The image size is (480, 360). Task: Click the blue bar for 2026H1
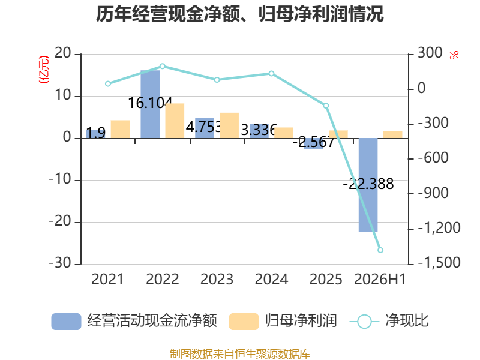368,185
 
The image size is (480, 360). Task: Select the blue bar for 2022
150,104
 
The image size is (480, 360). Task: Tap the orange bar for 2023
229,125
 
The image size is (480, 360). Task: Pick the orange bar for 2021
121,129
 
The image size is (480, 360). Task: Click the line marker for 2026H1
380,250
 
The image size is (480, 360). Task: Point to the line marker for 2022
163,66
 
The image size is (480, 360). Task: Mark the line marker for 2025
326,106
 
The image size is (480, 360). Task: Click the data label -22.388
368,184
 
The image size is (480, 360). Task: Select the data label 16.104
150,103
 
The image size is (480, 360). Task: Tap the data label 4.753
203,127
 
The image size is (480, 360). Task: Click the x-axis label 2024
272,279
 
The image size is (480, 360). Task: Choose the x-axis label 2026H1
380,279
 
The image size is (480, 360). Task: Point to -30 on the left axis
60,263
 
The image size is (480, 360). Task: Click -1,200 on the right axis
439,228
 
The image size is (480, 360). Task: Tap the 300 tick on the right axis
430,53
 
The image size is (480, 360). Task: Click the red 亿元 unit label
43,70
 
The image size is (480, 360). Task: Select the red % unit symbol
454,55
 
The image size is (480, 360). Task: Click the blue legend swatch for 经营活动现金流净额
66,322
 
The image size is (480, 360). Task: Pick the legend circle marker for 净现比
364,322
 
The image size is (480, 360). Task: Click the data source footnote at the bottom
240,354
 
